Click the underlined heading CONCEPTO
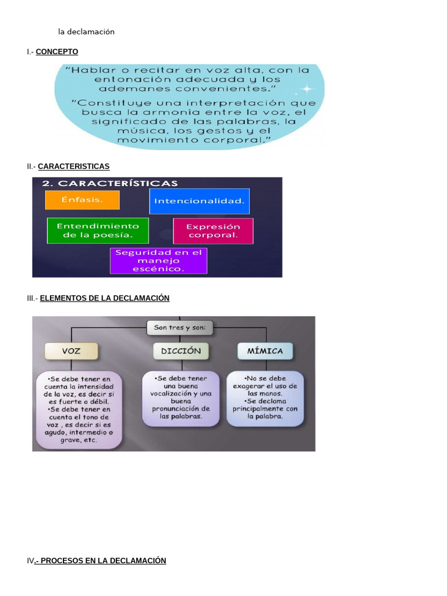[x=56, y=52]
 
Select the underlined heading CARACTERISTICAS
[x=73, y=166]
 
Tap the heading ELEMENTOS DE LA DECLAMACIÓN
[x=105, y=298]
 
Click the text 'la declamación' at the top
[x=86, y=32]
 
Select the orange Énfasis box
[x=82, y=200]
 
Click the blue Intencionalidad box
[x=199, y=201]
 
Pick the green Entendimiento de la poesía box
[x=97, y=230]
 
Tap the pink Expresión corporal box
[x=213, y=231]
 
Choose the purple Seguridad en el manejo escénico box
[x=158, y=261]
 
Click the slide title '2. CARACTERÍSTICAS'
[x=110, y=184]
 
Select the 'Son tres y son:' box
[x=180, y=328]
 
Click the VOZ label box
[x=71, y=351]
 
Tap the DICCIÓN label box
[x=181, y=351]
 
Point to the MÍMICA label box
[x=265, y=351]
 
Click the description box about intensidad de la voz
[x=79, y=409]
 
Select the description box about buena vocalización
[x=180, y=398]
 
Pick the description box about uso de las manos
[x=265, y=398]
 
